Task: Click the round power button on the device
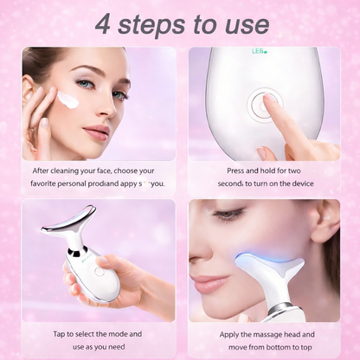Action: coord(261,106)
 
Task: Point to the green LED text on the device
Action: coord(259,51)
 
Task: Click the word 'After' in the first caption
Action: coord(44,170)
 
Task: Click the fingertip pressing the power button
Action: coord(268,100)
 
